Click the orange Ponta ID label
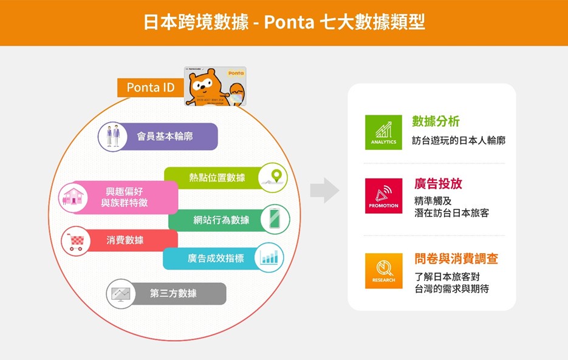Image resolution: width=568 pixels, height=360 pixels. [151, 87]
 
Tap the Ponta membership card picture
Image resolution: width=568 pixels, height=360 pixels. [215, 86]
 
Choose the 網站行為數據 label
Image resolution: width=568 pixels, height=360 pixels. [221, 220]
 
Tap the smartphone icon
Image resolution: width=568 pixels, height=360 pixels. [275, 219]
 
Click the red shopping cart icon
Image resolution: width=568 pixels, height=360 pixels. [77, 241]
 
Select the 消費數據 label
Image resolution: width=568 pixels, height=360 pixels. [125, 240]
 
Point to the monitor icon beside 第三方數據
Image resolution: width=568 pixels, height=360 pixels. [120, 294]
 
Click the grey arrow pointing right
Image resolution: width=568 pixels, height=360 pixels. [324, 191]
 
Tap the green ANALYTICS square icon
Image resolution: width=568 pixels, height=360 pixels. [383, 132]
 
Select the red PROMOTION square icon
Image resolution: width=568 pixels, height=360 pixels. [383, 195]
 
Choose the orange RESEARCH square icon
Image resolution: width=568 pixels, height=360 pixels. [383, 271]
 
